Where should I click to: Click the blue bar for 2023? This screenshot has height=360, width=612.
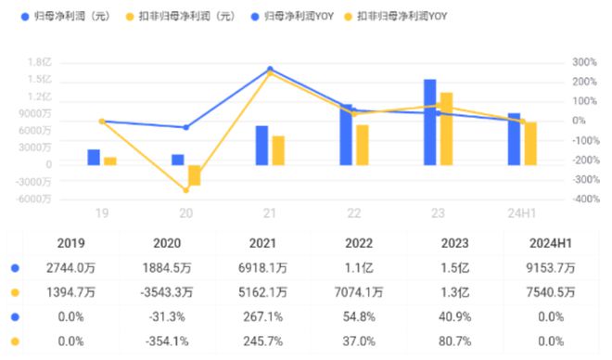(x=429, y=122)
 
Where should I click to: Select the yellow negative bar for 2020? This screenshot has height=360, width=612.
(x=195, y=175)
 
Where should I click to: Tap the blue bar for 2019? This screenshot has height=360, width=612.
(x=94, y=158)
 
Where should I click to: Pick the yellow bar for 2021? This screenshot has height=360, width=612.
(x=278, y=150)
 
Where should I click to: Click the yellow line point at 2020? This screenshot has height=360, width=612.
(x=186, y=190)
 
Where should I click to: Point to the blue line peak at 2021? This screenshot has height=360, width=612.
(x=270, y=69)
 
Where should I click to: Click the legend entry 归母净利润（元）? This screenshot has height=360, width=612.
(x=66, y=17)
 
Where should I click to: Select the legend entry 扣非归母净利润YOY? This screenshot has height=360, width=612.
(x=395, y=17)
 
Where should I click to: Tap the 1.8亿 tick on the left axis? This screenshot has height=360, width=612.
(x=39, y=62)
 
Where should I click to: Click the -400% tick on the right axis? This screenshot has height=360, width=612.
(x=586, y=199)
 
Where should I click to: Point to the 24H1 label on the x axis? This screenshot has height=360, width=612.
(x=521, y=213)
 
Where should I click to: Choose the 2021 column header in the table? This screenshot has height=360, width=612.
(x=262, y=243)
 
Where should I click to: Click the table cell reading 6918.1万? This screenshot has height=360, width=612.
(x=262, y=268)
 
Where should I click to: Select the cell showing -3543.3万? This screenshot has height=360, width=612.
(x=167, y=292)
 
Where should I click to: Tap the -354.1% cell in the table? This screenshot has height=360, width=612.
(x=167, y=341)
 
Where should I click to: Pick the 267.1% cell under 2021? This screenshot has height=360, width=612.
(x=262, y=316)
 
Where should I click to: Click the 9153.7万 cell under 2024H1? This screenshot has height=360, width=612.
(x=550, y=268)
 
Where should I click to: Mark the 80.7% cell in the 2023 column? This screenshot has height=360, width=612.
(x=454, y=341)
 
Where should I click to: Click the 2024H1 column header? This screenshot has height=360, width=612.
(x=550, y=243)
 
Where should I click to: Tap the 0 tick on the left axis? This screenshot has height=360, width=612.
(x=49, y=165)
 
